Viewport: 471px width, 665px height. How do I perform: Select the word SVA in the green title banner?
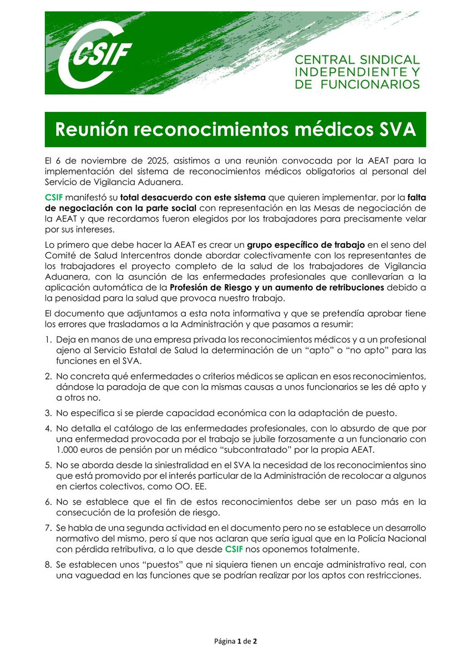(391, 129)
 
